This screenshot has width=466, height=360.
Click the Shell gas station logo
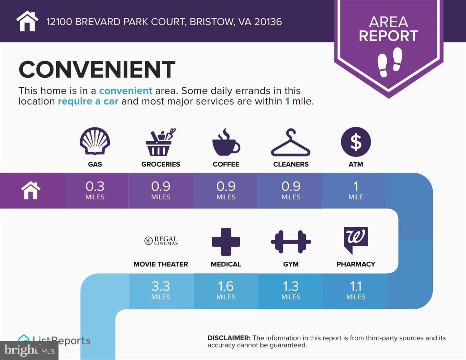coord(95,141)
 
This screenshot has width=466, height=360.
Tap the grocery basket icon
coord(161,142)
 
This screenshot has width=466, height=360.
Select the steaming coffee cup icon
coord(226,142)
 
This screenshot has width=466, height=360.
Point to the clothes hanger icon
coord(291,142)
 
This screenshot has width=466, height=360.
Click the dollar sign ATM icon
coord(356,142)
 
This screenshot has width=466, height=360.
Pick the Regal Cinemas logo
coord(161,241)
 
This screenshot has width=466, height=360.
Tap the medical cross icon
coord(226,242)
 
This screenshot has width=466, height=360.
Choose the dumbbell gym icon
coord(291,242)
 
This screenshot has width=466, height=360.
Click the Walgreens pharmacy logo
coord(356,240)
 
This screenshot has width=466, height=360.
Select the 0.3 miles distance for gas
coord(95,190)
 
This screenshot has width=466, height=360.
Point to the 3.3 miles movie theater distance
coord(161,290)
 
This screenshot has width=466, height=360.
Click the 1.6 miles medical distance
coord(226,290)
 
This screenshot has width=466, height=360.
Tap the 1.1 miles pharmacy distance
coord(356,290)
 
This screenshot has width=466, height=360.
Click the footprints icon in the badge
coord(390,62)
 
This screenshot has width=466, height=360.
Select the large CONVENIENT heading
coord(97,69)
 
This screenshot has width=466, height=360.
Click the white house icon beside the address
coord(27,21)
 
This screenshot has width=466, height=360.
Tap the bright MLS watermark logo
coord(29,351)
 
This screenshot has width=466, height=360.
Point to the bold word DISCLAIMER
coord(229,338)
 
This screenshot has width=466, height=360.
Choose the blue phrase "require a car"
coord(88,101)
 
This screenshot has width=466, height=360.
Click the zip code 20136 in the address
coord(268,22)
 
